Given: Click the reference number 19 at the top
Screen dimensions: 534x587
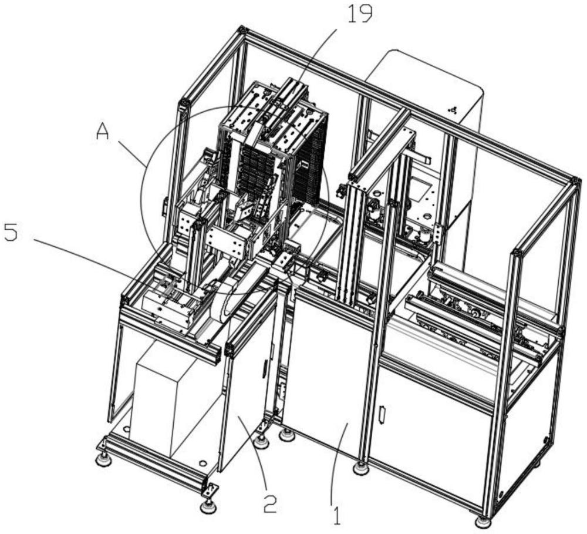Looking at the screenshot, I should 359,14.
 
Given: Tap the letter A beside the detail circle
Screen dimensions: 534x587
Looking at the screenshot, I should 103,133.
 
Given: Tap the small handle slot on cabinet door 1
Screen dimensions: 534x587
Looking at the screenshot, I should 382,415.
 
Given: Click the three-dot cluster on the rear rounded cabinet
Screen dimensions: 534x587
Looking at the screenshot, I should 451,109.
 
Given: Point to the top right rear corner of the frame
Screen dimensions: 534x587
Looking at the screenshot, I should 575,180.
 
